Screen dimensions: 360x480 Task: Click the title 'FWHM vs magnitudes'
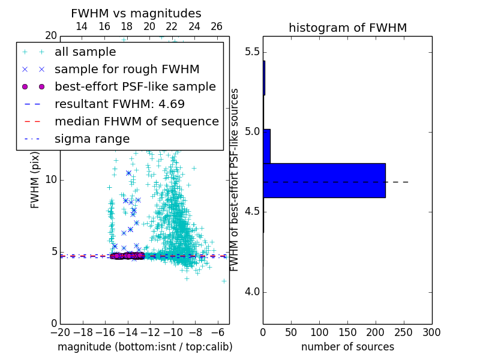pos(136,13)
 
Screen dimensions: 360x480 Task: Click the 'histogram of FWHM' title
pos(347,28)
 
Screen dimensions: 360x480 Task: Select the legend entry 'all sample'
pos(85,52)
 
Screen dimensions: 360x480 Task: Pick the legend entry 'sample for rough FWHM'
pos(127,70)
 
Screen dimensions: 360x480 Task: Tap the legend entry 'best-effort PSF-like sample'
pos(135,87)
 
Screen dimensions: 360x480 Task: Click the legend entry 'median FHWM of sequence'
pos(136,122)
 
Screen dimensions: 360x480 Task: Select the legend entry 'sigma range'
pos(92,139)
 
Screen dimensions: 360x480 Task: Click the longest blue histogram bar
pos(324,180)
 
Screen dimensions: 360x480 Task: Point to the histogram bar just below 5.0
pos(267,146)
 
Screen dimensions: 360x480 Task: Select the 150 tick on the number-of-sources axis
pos(347,332)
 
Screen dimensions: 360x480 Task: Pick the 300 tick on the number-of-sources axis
pos(431,332)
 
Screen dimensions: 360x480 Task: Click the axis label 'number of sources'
pos(347,347)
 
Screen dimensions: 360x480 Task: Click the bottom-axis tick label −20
pos(59,332)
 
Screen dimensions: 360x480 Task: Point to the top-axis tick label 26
pos(217,26)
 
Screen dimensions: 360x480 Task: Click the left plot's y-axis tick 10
pos(50,180)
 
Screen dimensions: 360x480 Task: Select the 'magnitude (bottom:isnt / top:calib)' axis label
pos(145,347)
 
